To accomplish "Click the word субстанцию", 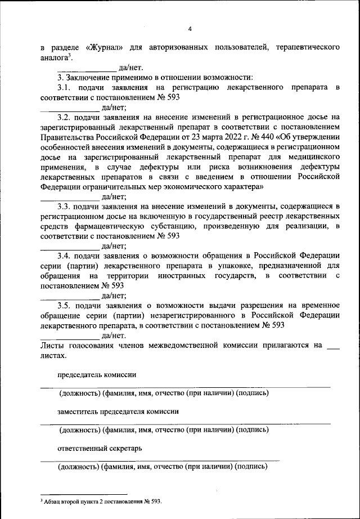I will pyautogui.click(x=172, y=226).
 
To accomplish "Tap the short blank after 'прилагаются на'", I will pyautogui.click(x=334, y=346).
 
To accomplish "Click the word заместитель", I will pyautogui.click(x=78, y=411).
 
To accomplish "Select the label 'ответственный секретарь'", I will pyautogui.click(x=100, y=449).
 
